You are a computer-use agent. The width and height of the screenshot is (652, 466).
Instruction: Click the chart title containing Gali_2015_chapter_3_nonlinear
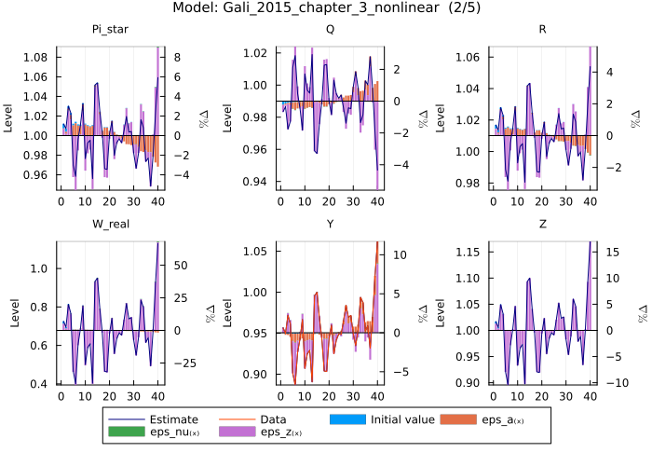coord(326,9)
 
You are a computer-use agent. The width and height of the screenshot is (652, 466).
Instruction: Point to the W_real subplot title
coord(110,226)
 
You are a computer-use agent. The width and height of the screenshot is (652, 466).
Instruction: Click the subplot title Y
coord(330,226)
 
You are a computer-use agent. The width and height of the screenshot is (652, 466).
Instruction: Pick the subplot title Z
coord(543,226)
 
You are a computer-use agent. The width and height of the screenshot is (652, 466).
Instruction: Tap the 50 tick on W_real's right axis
coord(183,266)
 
